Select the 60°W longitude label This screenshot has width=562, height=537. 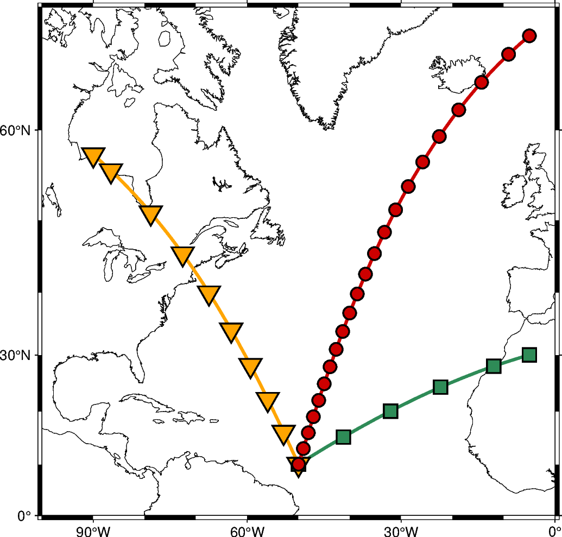(x=247, y=529)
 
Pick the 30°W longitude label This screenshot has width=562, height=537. (x=401, y=529)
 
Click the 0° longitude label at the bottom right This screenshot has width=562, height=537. (x=554, y=529)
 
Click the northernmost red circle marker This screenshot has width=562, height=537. (x=529, y=36)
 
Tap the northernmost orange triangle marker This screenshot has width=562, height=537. (x=93, y=156)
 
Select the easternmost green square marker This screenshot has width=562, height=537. (x=529, y=355)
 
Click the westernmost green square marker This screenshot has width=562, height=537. (x=343, y=437)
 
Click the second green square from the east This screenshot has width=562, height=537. (x=494, y=366)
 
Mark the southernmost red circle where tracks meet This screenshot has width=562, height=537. (x=298, y=464)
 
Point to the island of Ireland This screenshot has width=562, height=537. (x=516, y=187)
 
